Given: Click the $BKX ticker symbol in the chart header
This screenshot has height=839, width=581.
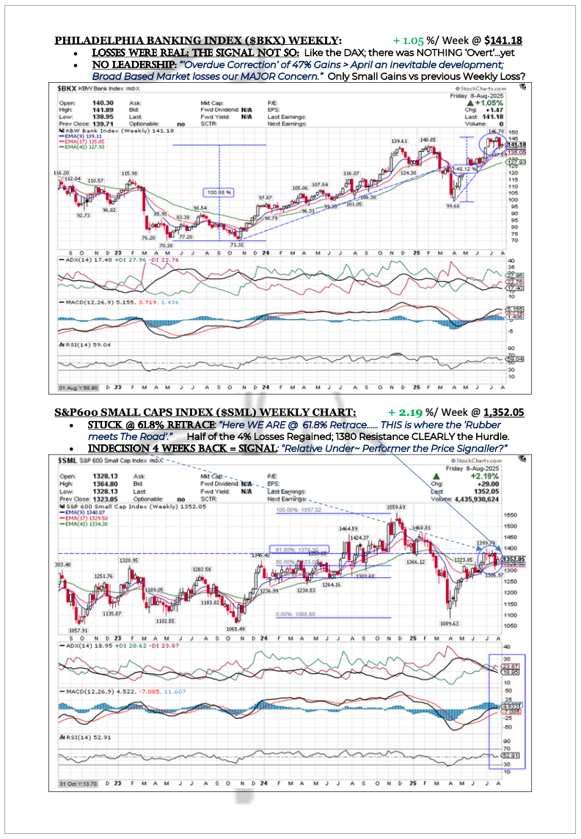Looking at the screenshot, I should [69, 87].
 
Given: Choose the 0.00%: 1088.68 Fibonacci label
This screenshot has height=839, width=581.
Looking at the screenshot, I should [296, 615].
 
